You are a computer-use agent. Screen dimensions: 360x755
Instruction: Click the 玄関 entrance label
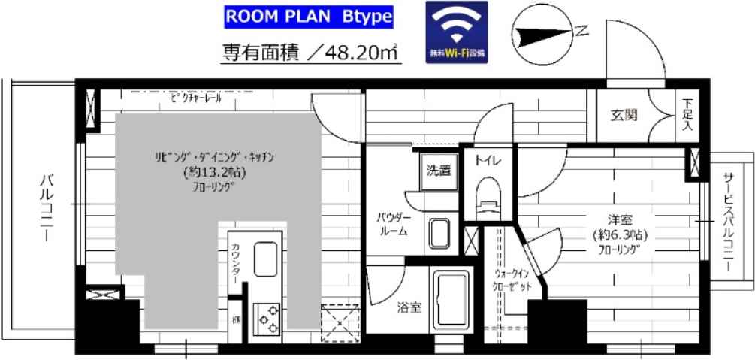click(624, 115)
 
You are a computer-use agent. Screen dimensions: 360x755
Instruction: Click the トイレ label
click(482, 159)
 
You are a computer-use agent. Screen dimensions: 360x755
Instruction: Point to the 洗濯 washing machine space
click(438, 171)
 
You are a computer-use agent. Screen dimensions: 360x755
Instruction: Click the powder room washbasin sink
click(439, 234)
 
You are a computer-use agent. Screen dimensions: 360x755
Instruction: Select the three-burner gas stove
click(268, 318)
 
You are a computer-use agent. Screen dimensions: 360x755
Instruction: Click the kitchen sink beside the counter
click(267, 260)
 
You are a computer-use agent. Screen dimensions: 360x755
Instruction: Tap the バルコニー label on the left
click(45, 207)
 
